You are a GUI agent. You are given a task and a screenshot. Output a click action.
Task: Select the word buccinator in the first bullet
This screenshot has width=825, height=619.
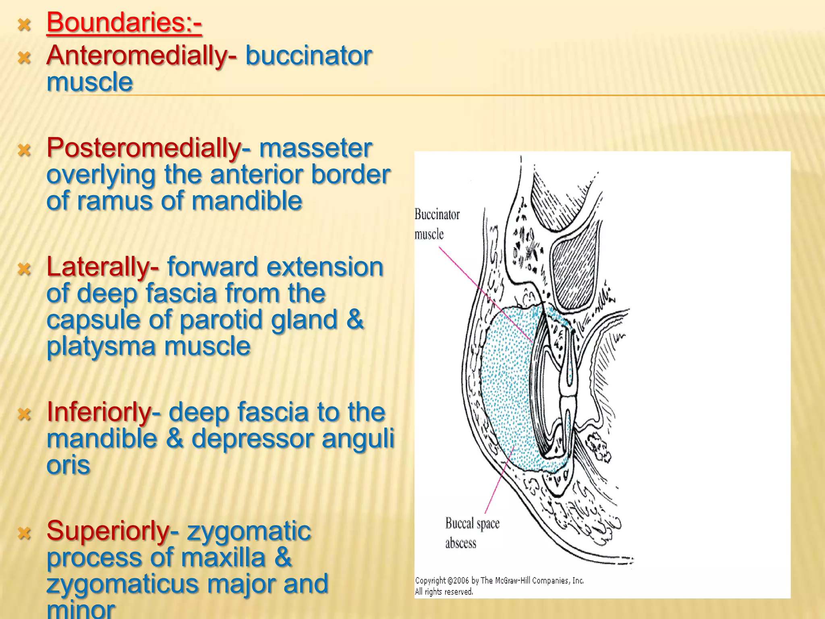tap(309, 56)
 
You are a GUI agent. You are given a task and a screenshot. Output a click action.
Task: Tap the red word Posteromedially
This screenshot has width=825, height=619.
tap(144, 148)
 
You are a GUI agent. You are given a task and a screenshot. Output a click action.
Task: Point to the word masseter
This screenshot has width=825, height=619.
tap(315, 148)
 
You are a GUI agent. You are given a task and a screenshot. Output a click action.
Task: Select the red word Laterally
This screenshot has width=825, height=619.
tap(98, 267)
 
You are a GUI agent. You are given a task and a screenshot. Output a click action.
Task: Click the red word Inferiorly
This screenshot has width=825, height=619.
tap(99, 412)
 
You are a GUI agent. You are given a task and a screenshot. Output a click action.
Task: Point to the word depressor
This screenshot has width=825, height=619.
tap(252, 439)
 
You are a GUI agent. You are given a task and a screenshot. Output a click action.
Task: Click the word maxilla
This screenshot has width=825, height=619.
tap(223, 558)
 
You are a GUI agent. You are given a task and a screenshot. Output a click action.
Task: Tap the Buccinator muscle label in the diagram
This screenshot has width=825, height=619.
tap(437, 224)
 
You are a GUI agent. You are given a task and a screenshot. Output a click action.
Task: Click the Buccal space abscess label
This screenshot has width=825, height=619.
tap(472, 533)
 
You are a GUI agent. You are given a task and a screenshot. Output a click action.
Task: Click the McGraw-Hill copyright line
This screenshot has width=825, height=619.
tap(499, 581)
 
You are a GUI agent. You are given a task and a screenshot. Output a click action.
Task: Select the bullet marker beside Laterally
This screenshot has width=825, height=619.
tap(25, 269)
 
